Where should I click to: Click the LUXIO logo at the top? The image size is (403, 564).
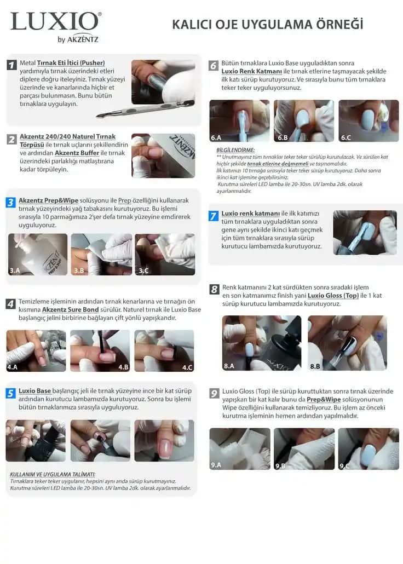tap(55, 22)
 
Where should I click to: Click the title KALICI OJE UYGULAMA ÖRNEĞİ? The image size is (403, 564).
tap(267, 25)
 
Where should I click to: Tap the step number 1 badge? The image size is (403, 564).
tap(11, 65)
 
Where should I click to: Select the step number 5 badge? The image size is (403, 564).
tap(11, 393)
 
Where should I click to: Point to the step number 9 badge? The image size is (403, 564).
tap(215, 393)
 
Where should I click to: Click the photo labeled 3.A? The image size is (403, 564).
tap(38, 254)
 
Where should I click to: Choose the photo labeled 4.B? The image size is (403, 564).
tap(100, 350)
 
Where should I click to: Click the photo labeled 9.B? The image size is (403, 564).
tap(304, 448)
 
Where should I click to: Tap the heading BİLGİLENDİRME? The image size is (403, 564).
tap(235, 150)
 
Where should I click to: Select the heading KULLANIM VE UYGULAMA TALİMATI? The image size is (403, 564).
tap(53, 474)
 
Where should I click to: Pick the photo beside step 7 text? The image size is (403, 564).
tap(365, 232)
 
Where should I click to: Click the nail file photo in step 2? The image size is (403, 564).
tap(163, 156)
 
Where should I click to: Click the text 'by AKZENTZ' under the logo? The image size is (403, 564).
tap(78, 39)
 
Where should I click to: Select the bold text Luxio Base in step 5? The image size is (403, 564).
tap(35, 391)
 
